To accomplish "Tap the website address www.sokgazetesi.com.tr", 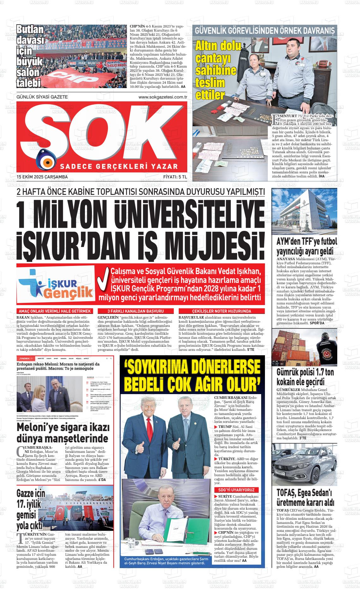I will coord(163,97).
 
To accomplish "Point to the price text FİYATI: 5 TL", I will coord(175,177).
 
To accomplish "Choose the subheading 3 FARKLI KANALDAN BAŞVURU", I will coord(135,311).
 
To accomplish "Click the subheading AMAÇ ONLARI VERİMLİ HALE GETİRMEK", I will coord(55,311).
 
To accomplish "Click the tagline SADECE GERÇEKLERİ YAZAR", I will coord(119,166).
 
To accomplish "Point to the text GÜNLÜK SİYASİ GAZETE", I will coord(42,97).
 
